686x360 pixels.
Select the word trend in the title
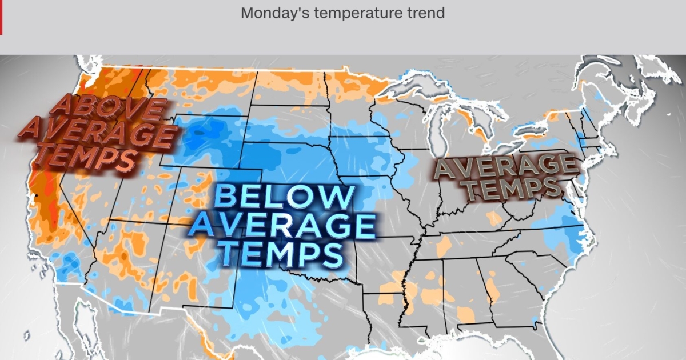pos(425,13)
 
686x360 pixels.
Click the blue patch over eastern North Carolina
pos(566,234)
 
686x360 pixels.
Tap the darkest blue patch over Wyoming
pos(197,137)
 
